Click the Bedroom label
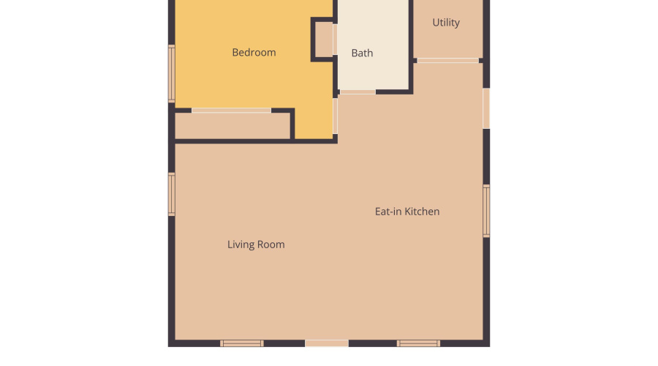coord(254,53)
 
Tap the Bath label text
coord(362,53)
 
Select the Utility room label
coord(446,23)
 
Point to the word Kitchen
coord(423,212)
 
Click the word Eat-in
coord(388,212)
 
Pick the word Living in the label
coord(240,244)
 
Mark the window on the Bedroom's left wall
coord(172,73)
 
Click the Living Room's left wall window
coord(172,194)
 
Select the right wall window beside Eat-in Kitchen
coord(486,211)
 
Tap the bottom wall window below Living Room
coord(242,343)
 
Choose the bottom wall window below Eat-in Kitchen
coord(418,343)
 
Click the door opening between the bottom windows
coord(327,343)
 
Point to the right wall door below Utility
coord(486,108)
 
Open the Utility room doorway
coord(447,60)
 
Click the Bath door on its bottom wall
coord(358,91)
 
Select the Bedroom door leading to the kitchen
coord(336,116)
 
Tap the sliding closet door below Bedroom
coord(231,111)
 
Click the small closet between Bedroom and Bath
coord(324,40)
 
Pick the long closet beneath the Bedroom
coord(232,126)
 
